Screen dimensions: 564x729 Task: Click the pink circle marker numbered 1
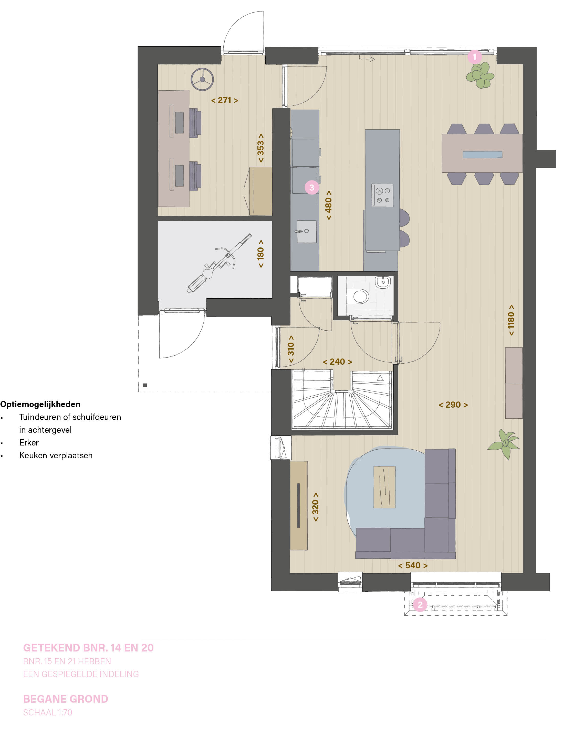(x=474, y=57)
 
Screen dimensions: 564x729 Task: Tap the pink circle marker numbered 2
(x=420, y=604)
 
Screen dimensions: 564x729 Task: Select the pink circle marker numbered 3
(x=312, y=187)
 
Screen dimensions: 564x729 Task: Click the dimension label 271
(x=225, y=100)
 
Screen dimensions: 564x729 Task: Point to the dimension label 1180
(x=511, y=320)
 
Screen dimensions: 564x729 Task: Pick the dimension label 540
(x=413, y=565)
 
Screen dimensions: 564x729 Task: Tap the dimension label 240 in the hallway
(x=338, y=362)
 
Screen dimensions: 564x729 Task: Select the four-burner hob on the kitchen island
(x=383, y=195)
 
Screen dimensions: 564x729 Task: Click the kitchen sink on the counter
(x=306, y=231)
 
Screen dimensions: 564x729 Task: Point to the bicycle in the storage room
(x=219, y=263)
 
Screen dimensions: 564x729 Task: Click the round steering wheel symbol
(x=202, y=79)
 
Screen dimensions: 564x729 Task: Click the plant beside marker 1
(x=480, y=75)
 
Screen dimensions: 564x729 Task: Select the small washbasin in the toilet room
(x=383, y=282)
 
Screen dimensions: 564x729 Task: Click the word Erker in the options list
(x=29, y=443)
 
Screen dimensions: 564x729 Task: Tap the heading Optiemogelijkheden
(x=40, y=404)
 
